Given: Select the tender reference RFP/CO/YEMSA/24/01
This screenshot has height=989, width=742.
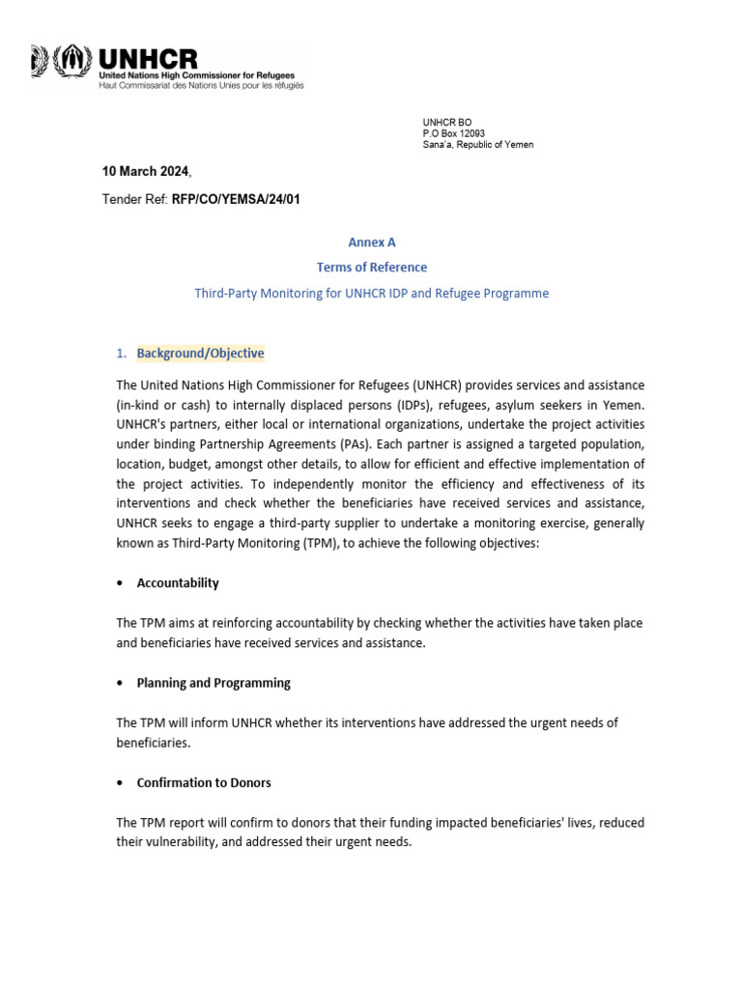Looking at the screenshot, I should click(x=242, y=199).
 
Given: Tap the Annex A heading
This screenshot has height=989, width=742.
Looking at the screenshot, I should click(x=372, y=242).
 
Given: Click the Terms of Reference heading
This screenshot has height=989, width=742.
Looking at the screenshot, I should click(x=372, y=268).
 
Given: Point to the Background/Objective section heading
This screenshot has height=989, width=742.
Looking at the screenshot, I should click(x=200, y=353).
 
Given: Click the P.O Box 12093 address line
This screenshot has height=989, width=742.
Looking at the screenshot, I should click(x=453, y=133).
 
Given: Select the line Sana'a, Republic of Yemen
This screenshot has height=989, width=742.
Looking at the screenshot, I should click(x=477, y=145).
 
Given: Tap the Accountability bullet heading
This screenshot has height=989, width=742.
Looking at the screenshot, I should click(x=178, y=583).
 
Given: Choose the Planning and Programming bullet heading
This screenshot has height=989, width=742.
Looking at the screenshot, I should click(x=214, y=683).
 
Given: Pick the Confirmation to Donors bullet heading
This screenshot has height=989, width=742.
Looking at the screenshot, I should click(x=204, y=782).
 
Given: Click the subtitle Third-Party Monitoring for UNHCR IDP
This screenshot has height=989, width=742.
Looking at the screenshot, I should click(x=372, y=293).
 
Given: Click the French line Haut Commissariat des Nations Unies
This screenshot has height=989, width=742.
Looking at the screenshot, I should click(x=201, y=86).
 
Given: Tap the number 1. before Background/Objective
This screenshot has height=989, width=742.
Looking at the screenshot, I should click(x=122, y=353).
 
